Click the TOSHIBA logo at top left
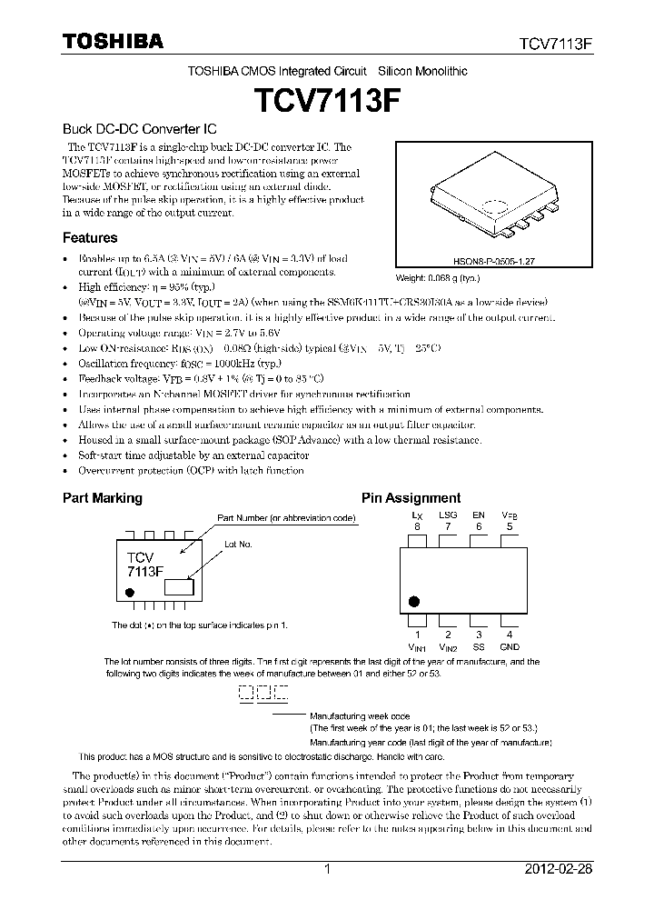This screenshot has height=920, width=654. [113, 42]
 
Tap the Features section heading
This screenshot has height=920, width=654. [90, 238]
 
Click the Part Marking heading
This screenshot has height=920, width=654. [102, 498]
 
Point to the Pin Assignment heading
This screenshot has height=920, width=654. [411, 498]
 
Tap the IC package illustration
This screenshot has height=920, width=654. [492, 196]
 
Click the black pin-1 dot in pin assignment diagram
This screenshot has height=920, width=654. [414, 601]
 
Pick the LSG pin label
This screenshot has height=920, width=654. [448, 515]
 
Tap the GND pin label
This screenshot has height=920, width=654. [510, 646]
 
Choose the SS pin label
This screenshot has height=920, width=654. [478, 646]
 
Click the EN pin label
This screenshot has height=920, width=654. [479, 515]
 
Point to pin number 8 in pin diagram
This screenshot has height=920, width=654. [417, 526]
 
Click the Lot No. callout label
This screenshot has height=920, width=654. [238, 544]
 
